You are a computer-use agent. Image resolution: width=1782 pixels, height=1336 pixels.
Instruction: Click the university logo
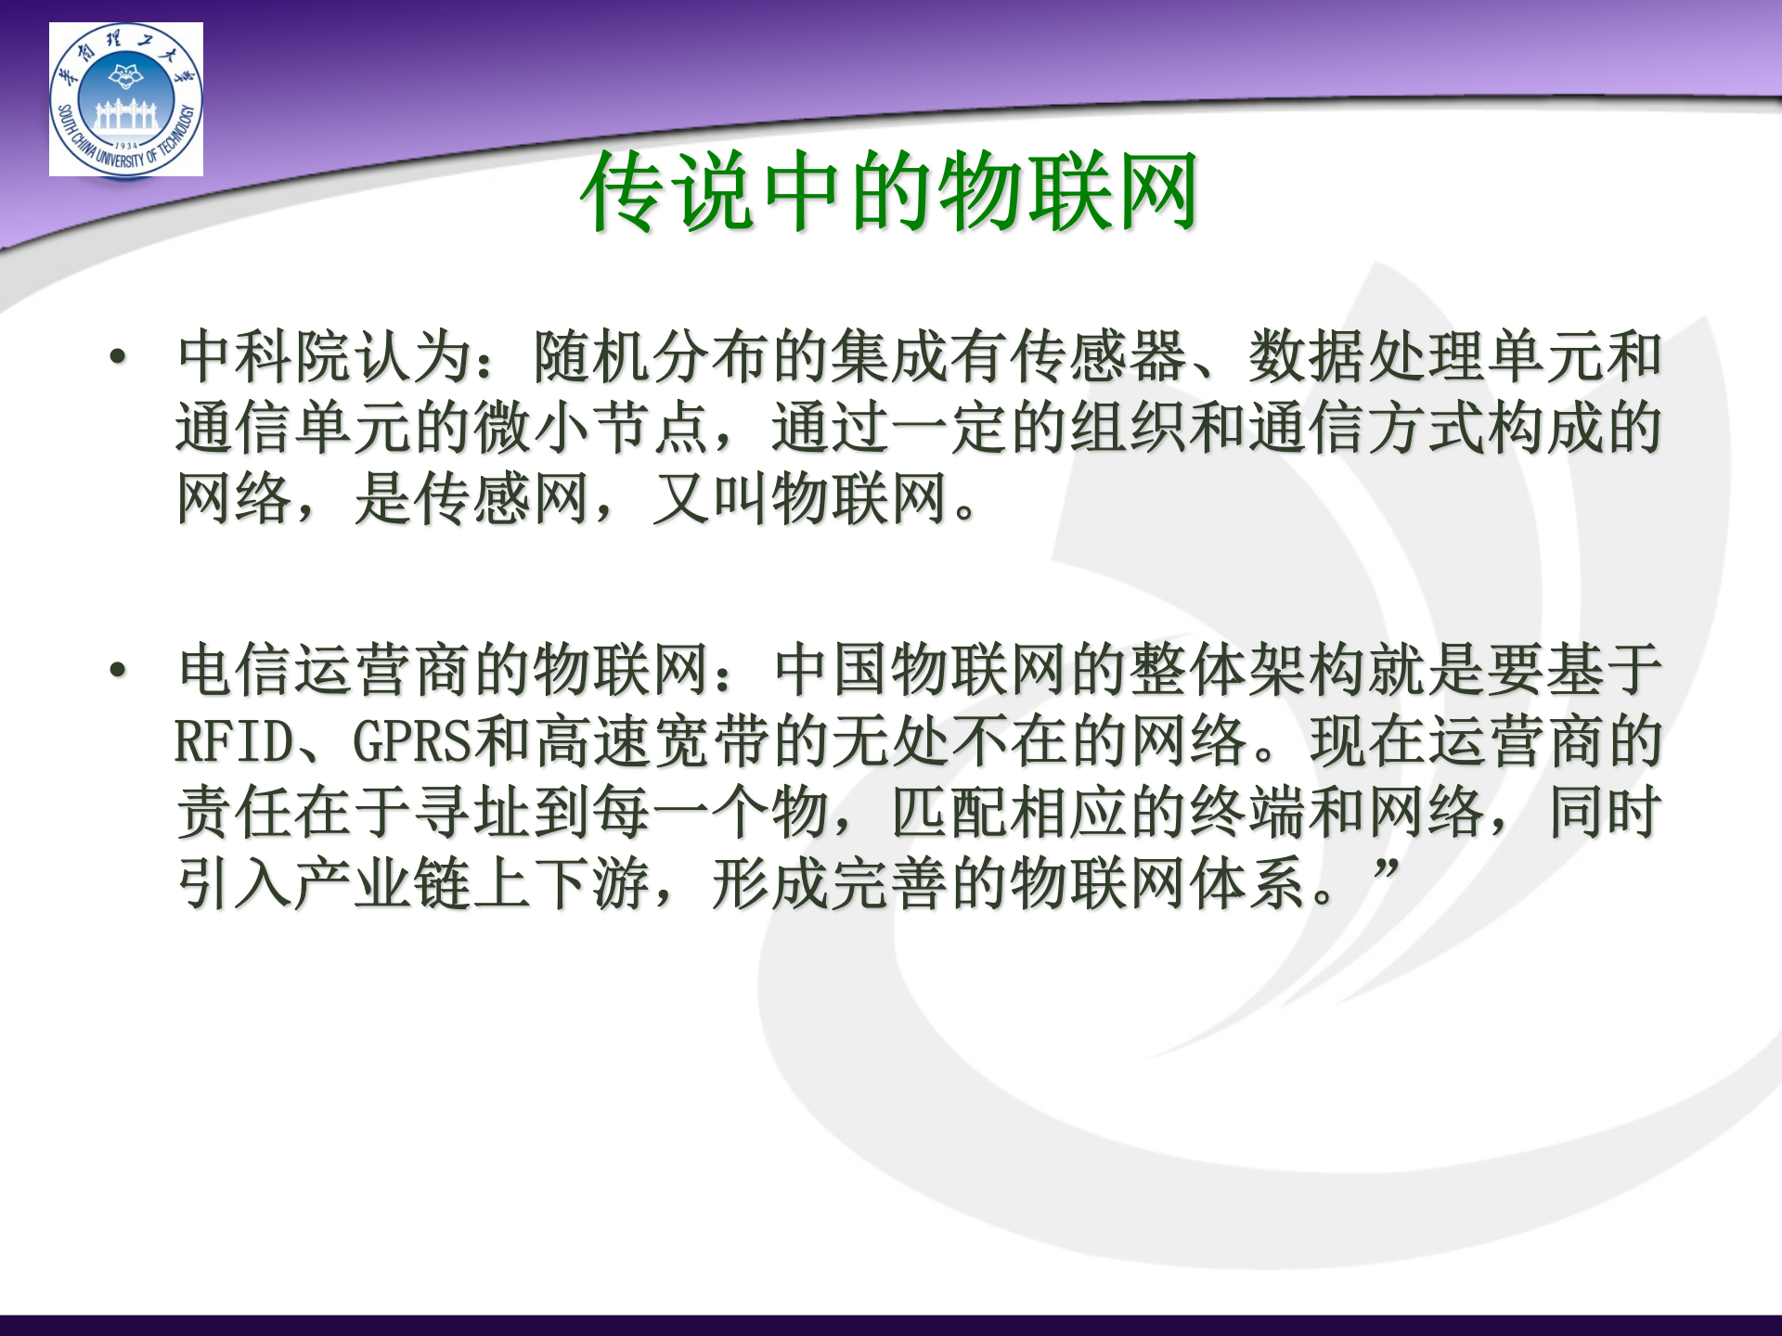pos(126,99)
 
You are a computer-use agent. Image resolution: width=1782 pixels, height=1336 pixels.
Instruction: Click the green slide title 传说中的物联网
pos(889,191)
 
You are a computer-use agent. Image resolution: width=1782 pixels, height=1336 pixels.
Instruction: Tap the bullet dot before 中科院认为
pos(118,357)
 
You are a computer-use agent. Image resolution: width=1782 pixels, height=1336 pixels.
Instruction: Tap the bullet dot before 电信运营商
pos(118,670)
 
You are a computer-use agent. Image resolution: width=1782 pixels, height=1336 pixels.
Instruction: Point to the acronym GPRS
pos(412,742)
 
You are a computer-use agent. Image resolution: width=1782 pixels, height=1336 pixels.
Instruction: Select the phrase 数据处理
pos(1366,357)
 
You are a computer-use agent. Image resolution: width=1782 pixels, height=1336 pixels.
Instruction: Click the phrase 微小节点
pos(591,429)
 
